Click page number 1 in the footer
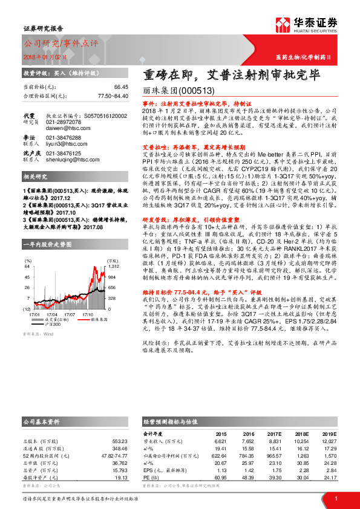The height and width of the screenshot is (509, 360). point(335,497)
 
